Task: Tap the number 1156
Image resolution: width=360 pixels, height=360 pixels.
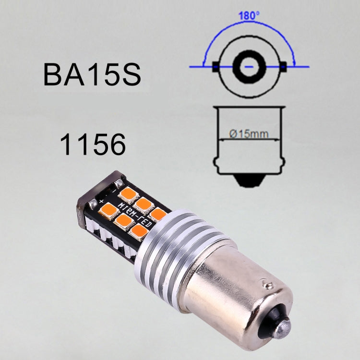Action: tap(93, 144)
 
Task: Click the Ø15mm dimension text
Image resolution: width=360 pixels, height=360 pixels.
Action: tap(249, 134)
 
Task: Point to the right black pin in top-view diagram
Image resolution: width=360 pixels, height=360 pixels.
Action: tap(284, 67)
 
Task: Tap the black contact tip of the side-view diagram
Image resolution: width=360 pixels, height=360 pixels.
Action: tap(249, 180)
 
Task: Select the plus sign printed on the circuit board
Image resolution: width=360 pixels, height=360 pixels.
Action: tap(101, 200)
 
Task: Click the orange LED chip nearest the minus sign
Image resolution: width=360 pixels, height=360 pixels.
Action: tap(128, 194)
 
